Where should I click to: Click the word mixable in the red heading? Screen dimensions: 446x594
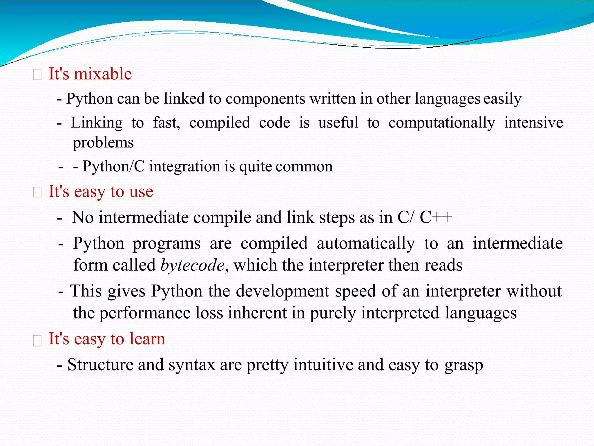[103, 74]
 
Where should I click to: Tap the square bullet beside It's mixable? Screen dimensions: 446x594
[38, 75]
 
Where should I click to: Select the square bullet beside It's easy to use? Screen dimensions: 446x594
[38, 193]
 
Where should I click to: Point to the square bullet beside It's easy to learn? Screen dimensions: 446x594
[38, 340]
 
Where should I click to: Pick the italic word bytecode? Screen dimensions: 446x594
[192, 265]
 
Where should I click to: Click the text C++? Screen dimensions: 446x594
[436, 217]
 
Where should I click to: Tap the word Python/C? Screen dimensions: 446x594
[113, 166]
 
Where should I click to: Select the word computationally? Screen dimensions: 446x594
[442, 123]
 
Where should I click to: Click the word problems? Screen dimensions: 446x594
[103, 143]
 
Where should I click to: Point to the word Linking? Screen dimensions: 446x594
[97, 123]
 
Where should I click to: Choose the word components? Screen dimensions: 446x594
[265, 99]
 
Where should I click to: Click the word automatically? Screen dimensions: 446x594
[366, 243]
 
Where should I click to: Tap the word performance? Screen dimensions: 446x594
[145, 313]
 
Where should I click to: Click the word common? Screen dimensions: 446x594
[304, 167]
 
